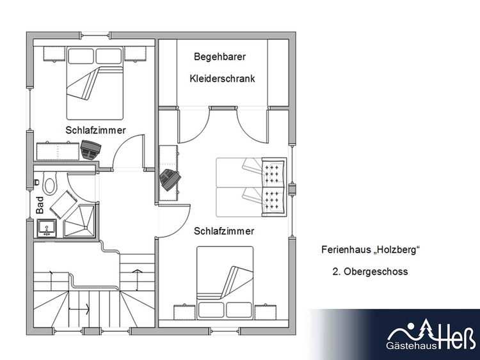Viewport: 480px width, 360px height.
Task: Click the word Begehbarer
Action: tap(220, 56)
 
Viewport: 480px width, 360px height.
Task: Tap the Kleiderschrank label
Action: tap(222, 79)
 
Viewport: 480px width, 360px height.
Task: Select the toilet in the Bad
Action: tap(49, 183)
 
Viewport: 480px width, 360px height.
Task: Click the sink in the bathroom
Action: tap(47, 228)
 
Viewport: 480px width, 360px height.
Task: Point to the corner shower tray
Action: tap(80, 221)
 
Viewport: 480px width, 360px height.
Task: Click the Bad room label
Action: tap(40, 205)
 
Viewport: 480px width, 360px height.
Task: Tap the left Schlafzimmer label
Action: tap(95, 130)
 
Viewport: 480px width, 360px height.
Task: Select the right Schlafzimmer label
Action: tap(224, 231)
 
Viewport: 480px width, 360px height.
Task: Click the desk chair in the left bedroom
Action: tap(91, 150)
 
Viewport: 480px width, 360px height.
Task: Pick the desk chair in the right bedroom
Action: tap(170, 180)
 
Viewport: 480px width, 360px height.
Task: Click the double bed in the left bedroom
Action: tap(95, 83)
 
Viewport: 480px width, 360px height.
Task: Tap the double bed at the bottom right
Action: tap(225, 283)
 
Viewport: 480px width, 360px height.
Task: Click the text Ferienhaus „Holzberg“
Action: tap(371, 249)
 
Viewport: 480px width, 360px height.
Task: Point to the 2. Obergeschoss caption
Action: tap(370, 271)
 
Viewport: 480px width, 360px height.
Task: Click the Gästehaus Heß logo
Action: tap(431, 334)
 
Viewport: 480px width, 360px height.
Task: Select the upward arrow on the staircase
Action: tap(136, 280)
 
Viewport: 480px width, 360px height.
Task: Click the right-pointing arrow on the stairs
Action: tap(79, 309)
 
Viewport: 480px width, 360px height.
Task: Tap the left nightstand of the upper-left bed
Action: tap(54, 54)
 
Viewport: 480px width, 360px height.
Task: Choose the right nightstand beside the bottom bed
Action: tap(266, 312)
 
